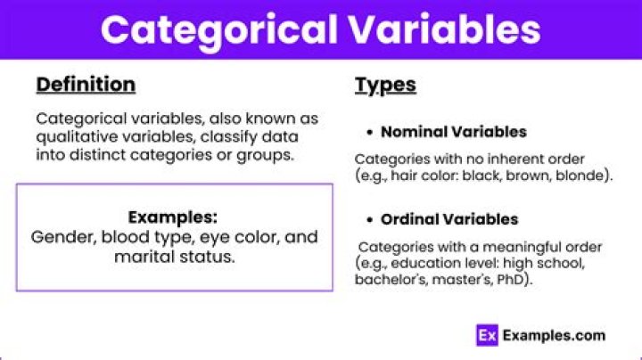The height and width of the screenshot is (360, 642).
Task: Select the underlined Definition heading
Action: (x=86, y=85)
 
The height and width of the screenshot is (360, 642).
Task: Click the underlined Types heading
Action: (x=385, y=85)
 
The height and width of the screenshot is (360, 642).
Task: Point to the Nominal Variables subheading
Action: (x=453, y=132)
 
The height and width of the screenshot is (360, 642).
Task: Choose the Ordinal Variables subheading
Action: (x=449, y=219)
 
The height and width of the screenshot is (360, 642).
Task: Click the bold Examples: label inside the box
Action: (x=174, y=217)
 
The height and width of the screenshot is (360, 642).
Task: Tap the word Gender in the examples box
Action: (x=60, y=237)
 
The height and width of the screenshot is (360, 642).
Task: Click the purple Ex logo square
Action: (x=486, y=336)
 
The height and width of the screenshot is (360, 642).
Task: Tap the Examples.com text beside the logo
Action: (x=554, y=336)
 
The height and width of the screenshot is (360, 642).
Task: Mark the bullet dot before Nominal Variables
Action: (x=369, y=132)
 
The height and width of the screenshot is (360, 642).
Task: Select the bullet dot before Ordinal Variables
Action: (x=369, y=219)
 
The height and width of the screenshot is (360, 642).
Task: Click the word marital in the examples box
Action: (x=140, y=257)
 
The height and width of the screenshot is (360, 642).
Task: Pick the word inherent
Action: (x=493, y=160)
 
